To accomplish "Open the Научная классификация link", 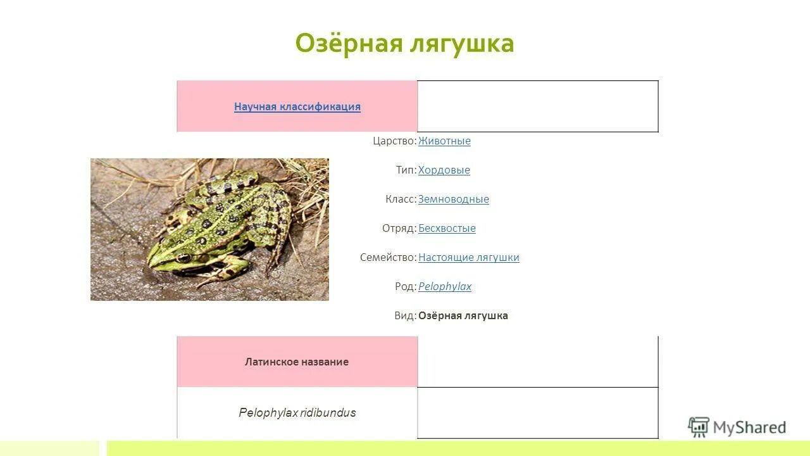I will coord(297,106).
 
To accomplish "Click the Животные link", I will coord(444,141).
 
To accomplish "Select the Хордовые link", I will coord(444,170).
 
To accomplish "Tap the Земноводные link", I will coord(453,199).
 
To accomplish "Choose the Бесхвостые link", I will coord(447,228).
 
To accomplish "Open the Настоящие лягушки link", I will coord(468,257).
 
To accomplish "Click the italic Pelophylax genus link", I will coord(444,286).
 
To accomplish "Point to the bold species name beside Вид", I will coord(463,315).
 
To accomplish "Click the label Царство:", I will coord(394,141).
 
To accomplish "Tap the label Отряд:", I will coord(399,228).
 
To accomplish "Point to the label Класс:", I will coord(401,199).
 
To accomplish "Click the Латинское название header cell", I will coord(297,362).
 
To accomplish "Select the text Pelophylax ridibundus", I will coord(297,413).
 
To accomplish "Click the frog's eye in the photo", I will coord(184,257).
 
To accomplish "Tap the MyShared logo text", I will coord(749,428).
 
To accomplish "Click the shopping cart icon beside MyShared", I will coord(699,427).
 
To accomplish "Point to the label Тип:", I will coord(406,170).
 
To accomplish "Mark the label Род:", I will coord(406,286).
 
